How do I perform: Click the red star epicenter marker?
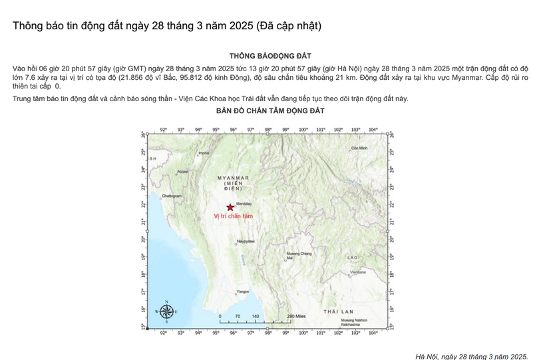[x=230, y=207]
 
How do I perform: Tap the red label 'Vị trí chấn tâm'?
[x=233, y=216]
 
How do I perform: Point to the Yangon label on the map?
[x=243, y=291]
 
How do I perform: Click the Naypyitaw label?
[x=246, y=240]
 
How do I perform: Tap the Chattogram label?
[x=172, y=196]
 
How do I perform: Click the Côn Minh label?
[x=359, y=148]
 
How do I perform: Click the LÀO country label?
[x=352, y=257]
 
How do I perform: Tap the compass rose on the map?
[x=166, y=311]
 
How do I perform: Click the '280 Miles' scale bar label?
[x=295, y=317]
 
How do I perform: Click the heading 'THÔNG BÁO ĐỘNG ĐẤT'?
[x=269, y=56]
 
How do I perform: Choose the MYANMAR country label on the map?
[x=233, y=178]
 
